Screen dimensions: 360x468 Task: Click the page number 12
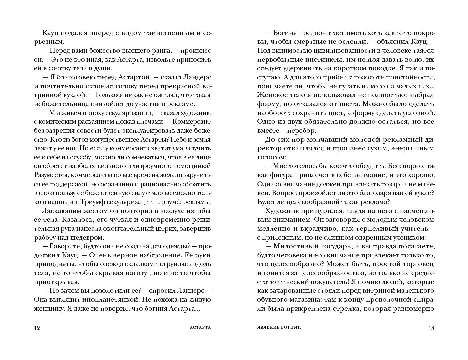[x=37, y=328]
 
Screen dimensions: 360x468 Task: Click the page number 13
[x=431, y=328]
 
